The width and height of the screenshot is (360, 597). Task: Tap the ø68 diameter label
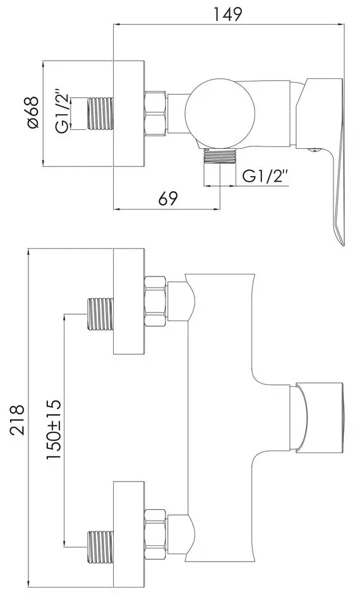(33, 112)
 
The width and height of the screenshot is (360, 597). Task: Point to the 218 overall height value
(17, 420)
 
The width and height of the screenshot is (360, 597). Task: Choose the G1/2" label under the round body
(265, 176)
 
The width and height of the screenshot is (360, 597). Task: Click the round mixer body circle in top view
(220, 113)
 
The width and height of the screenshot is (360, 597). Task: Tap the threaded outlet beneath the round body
(220, 156)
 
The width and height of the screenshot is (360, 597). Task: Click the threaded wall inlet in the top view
(101, 113)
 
